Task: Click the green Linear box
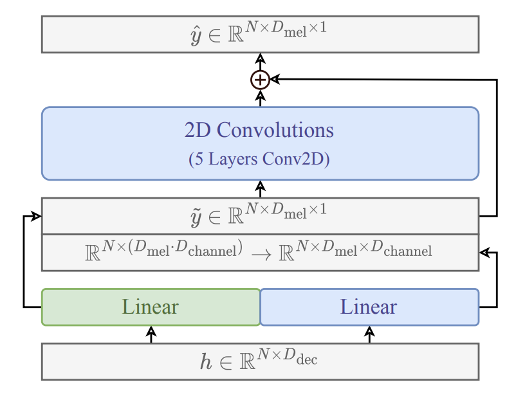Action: (x=151, y=307)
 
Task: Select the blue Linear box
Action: (x=369, y=307)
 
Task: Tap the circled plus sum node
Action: (x=260, y=80)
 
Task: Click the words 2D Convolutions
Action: (x=259, y=130)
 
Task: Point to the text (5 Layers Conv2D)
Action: (x=259, y=159)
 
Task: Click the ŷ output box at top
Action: (x=260, y=34)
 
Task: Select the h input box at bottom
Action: (x=260, y=361)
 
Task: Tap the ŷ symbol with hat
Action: (x=198, y=32)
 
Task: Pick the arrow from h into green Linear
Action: (x=151, y=334)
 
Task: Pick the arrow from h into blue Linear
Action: (x=369, y=334)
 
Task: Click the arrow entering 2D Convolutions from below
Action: (x=260, y=188)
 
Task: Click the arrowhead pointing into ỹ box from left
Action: (x=37, y=216)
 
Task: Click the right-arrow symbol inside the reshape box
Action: (x=260, y=254)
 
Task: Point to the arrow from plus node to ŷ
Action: (x=260, y=61)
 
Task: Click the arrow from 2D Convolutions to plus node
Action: (x=260, y=98)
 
